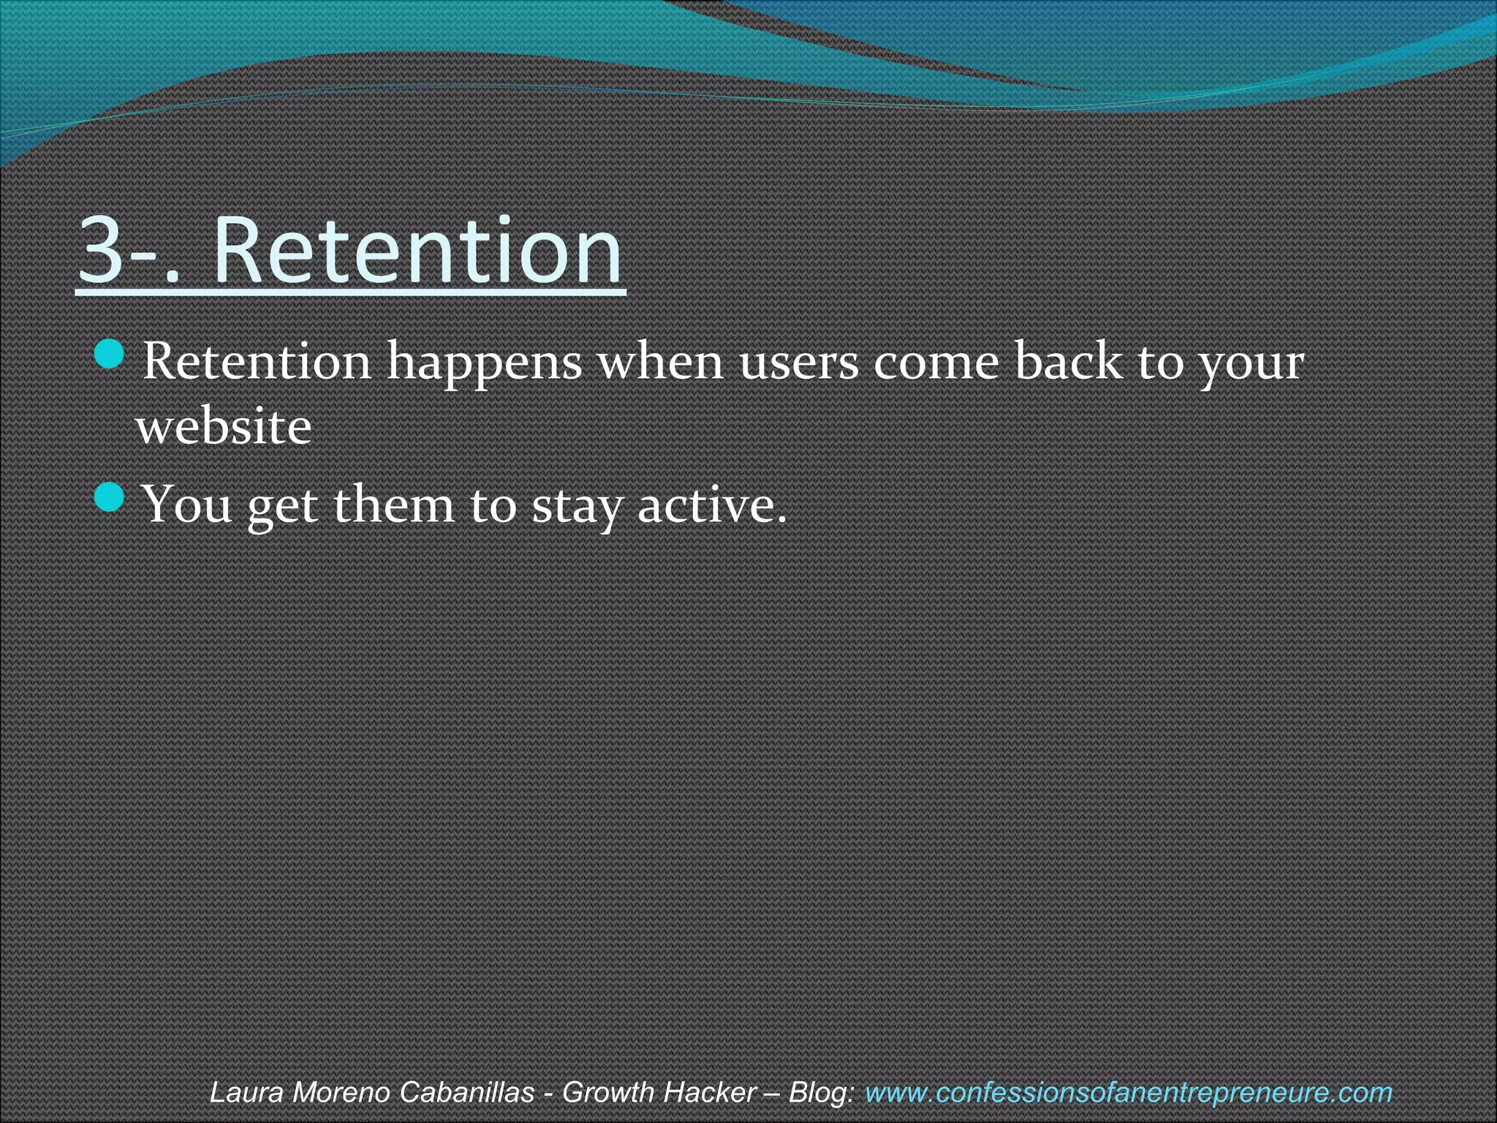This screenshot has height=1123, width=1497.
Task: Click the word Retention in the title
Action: (417, 250)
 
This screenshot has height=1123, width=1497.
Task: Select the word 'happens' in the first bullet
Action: (484, 363)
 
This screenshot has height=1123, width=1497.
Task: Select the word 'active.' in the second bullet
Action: (712, 504)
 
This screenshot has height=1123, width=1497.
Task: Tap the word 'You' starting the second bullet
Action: (186, 504)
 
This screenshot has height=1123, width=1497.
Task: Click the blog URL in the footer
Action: (1128, 1092)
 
